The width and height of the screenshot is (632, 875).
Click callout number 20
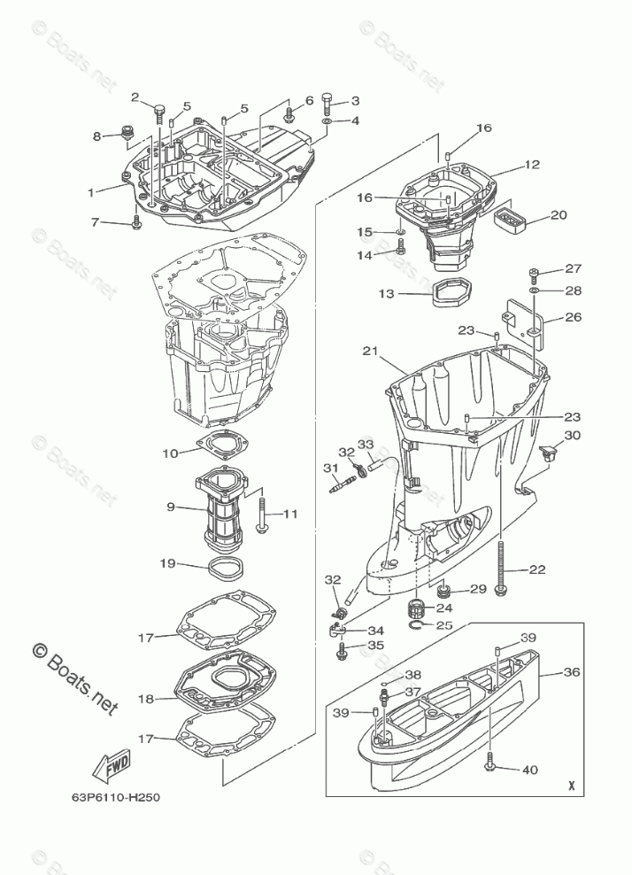[559, 215]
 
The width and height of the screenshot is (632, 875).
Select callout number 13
[387, 294]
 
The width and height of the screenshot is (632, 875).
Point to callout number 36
[573, 672]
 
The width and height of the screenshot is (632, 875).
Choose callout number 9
[170, 507]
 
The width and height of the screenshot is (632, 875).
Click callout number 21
[370, 352]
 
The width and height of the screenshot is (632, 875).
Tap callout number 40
[529, 770]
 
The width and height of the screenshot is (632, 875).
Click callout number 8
[98, 136]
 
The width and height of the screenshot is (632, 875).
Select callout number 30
[573, 435]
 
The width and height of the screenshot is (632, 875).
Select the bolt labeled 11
[263, 515]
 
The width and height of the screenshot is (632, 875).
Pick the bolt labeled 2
[160, 113]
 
